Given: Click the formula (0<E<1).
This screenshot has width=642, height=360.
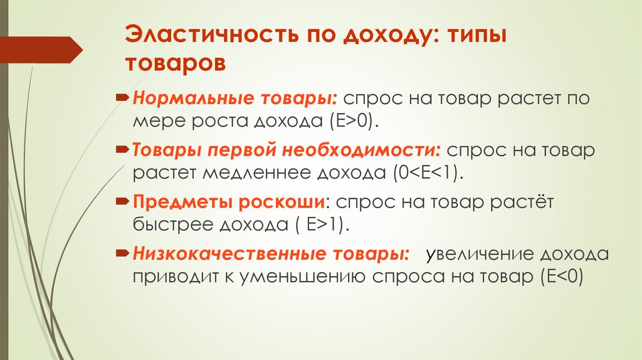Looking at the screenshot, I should pyautogui.click(x=429, y=172).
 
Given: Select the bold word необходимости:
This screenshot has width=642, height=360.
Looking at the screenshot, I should pyautogui.click(x=364, y=151).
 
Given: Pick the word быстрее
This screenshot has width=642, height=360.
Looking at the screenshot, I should pyautogui.click(x=171, y=224).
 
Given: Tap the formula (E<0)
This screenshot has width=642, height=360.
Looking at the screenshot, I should pyautogui.click(x=560, y=276).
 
